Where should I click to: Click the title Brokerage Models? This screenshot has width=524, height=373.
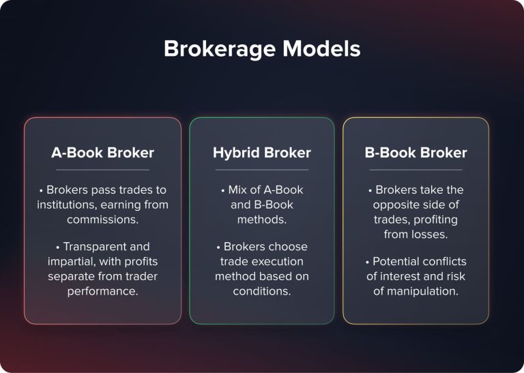(x=262, y=49)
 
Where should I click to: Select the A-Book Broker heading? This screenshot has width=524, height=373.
(x=102, y=153)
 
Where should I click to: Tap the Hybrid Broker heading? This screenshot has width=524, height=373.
(x=261, y=153)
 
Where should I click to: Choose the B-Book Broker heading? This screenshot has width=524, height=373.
(x=416, y=153)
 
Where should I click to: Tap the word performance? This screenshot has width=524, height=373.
(x=102, y=291)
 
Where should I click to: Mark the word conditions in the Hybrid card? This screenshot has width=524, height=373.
(x=262, y=291)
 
